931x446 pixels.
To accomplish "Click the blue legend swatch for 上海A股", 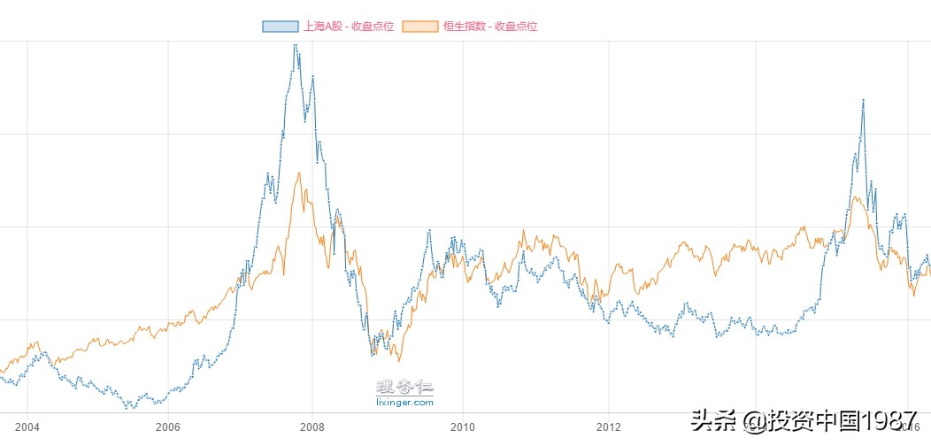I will pos(280,26).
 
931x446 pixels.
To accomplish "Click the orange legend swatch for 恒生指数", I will pos(419,26).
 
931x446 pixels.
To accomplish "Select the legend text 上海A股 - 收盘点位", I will pos(349,26).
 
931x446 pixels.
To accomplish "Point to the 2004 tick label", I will pos(27,427).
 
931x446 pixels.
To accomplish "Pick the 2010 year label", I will pos(463,427).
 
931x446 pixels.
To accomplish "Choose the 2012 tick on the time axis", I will pos(609,427).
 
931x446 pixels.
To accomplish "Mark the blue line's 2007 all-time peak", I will pos(295,44).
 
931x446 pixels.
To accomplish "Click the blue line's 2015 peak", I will pos(863,100).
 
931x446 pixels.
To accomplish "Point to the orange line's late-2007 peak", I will pos(299,173).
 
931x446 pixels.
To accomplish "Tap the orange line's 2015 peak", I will pos(857,196).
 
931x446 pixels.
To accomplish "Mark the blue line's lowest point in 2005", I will pos(129,408).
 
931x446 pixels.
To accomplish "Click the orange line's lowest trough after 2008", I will pos(398,361).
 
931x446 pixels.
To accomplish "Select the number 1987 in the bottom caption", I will pos(889,419).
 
